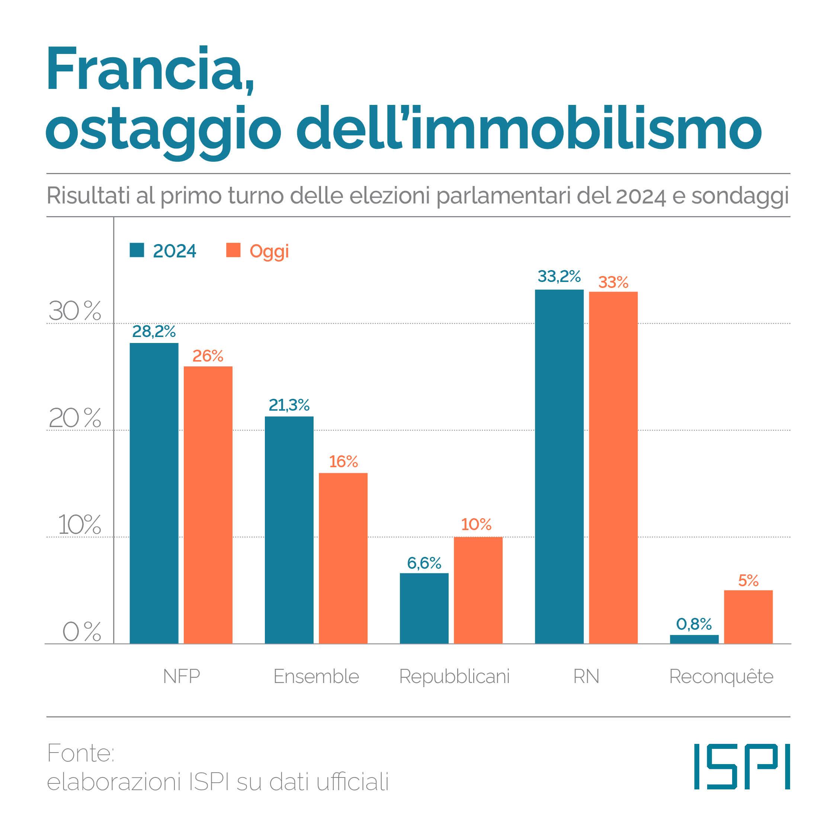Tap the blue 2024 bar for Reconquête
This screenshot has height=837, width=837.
(x=694, y=639)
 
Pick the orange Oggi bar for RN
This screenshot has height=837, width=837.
(x=613, y=468)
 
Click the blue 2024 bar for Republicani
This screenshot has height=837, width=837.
(x=424, y=608)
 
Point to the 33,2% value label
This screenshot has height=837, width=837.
(x=559, y=276)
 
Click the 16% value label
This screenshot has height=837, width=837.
(x=343, y=462)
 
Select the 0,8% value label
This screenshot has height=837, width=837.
(x=694, y=624)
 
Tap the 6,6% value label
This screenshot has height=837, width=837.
(x=424, y=563)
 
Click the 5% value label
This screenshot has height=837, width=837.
(x=748, y=581)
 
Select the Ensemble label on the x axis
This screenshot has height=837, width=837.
(x=316, y=676)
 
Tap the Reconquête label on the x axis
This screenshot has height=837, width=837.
(x=721, y=676)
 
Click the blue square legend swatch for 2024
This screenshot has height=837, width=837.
(x=137, y=250)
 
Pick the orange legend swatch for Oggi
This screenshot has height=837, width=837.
(x=233, y=250)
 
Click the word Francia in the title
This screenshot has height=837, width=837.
(x=150, y=69)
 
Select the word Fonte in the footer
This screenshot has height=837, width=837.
(x=80, y=753)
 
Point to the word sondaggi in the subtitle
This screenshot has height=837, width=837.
(x=740, y=196)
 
